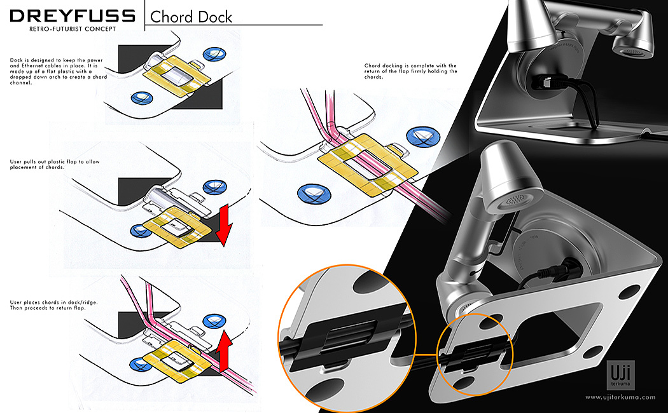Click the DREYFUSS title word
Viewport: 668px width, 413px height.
(73, 16)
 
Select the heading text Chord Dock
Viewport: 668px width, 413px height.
(191, 17)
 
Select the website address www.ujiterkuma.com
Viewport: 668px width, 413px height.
(620, 397)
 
